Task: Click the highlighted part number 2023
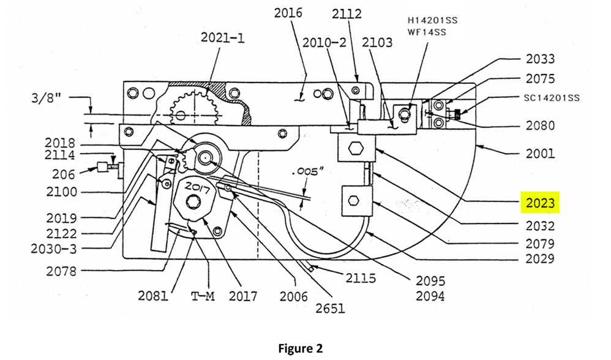(x=539, y=203)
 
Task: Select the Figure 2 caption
(x=300, y=348)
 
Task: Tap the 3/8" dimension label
(x=50, y=98)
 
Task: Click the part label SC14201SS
(x=552, y=97)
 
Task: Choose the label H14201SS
(x=432, y=20)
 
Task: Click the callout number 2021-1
(x=223, y=38)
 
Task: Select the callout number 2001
(x=540, y=154)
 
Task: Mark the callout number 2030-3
(x=54, y=249)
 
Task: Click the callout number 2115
(x=361, y=279)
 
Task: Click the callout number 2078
(x=61, y=271)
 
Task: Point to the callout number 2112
(x=347, y=13)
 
